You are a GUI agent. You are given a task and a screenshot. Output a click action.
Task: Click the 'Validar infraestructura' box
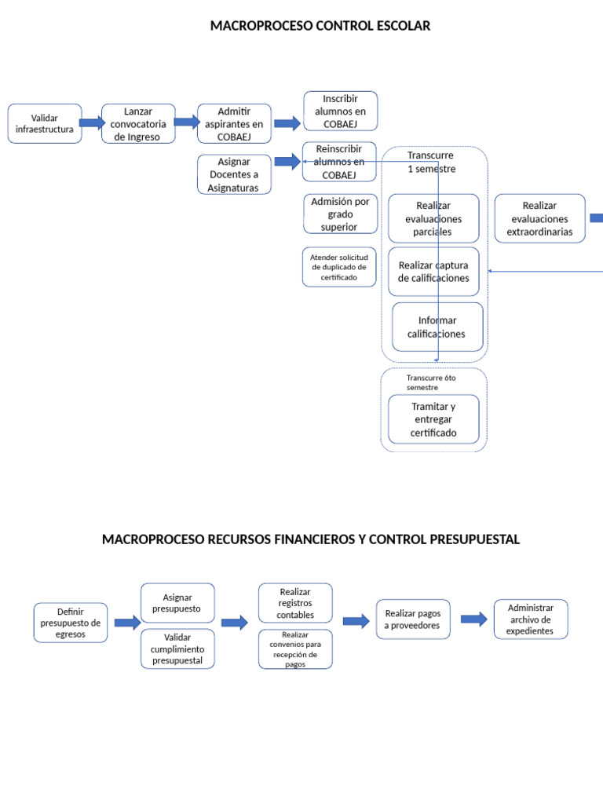(45, 123)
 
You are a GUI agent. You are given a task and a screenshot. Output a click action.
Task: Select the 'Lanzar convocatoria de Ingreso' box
(138, 124)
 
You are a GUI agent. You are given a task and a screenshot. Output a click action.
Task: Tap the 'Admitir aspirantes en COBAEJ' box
(234, 124)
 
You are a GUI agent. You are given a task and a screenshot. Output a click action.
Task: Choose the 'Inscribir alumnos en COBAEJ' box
(340, 111)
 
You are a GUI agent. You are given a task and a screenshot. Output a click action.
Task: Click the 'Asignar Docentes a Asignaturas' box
(233, 174)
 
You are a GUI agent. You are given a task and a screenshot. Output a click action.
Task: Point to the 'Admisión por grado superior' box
(339, 214)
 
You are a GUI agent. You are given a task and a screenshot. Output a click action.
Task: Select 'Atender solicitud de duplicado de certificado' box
(339, 267)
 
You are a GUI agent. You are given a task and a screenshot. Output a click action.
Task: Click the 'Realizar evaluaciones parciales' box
(433, 218)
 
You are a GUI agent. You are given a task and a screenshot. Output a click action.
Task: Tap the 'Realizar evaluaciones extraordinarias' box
(539, 218)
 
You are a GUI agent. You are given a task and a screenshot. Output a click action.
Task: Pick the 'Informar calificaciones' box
(437, 327)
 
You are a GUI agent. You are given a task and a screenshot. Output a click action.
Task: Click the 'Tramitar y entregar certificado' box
(433, 419)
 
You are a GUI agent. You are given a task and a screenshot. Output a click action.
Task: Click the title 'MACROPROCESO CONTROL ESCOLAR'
(320, 26)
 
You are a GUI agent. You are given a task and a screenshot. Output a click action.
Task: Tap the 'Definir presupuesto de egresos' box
(71, 623)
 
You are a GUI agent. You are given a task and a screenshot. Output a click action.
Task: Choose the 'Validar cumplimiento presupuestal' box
(177, 649)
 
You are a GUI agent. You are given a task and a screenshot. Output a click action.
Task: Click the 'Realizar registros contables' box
(295, 603)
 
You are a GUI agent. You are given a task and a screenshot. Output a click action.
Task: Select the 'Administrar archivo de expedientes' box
(530, 619)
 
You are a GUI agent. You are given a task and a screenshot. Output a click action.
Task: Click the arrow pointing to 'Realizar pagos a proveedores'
(356, 621)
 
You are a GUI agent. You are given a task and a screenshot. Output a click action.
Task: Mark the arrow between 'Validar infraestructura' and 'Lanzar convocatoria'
(91, 122)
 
